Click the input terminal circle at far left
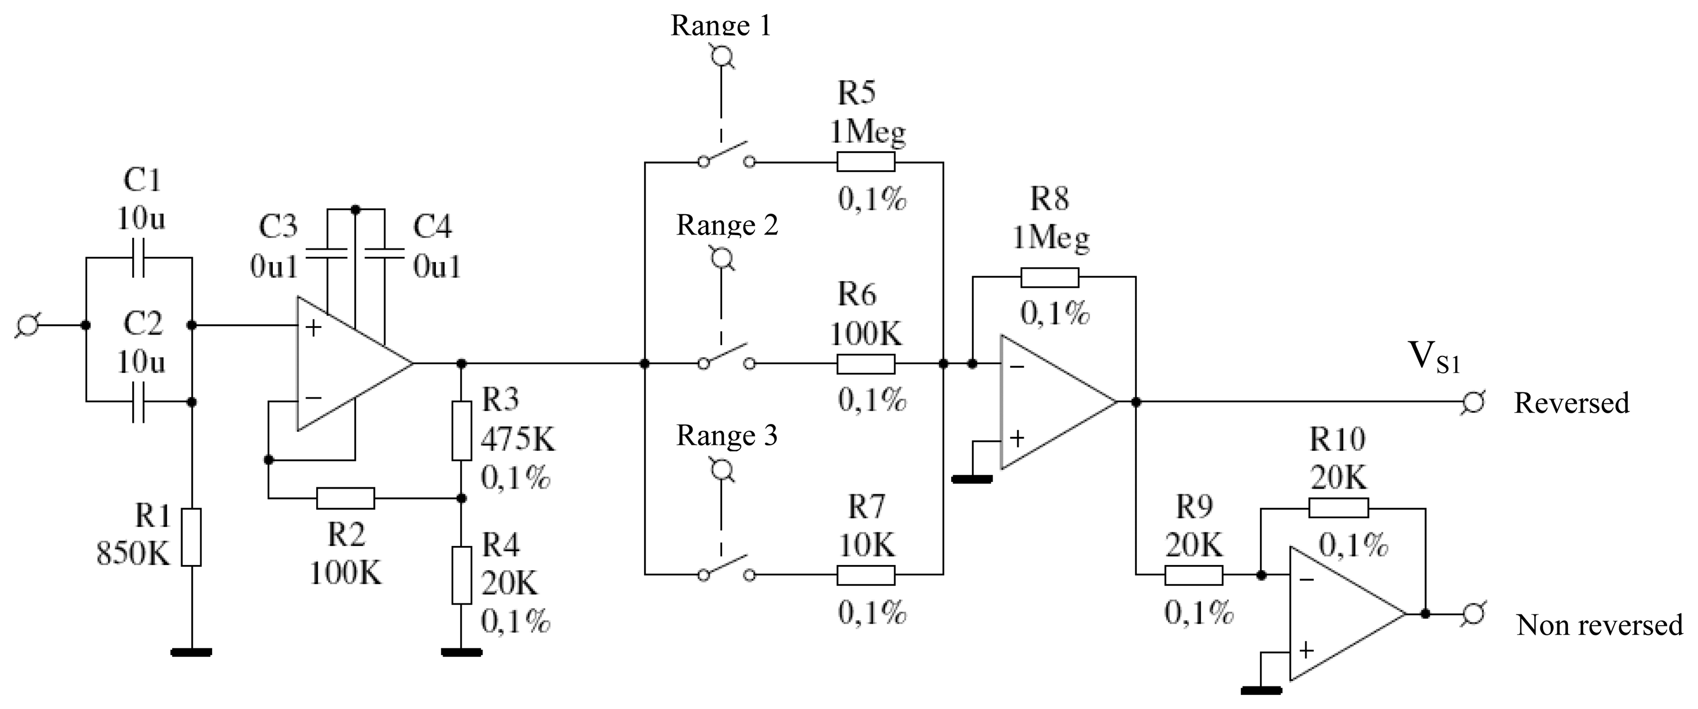click(28, 325)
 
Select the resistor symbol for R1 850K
click(191, 537)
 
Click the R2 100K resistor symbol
click(345, 498)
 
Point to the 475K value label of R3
click(518, 439)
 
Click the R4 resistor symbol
click(461, 575)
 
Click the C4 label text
click(433, 227)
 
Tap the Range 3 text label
click(727, 436)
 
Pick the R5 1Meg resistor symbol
click(866, 161)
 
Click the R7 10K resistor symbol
click(866, 575)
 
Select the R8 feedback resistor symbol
click(1050, 277)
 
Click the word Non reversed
click(1599, 625)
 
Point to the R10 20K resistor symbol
click(1338, 508)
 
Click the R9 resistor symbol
click(1193, 575)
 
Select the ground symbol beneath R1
click(191, 652)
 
